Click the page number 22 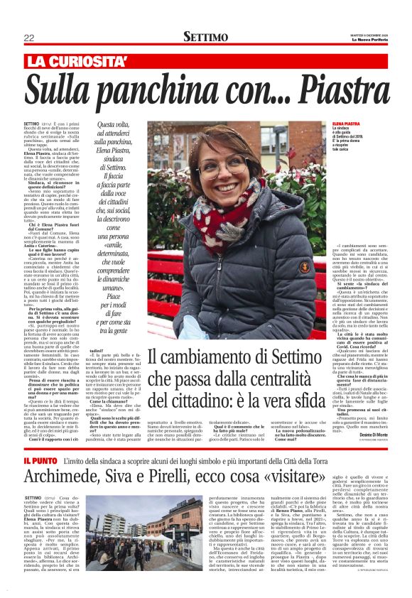[29, 37]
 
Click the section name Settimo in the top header [206, 37]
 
